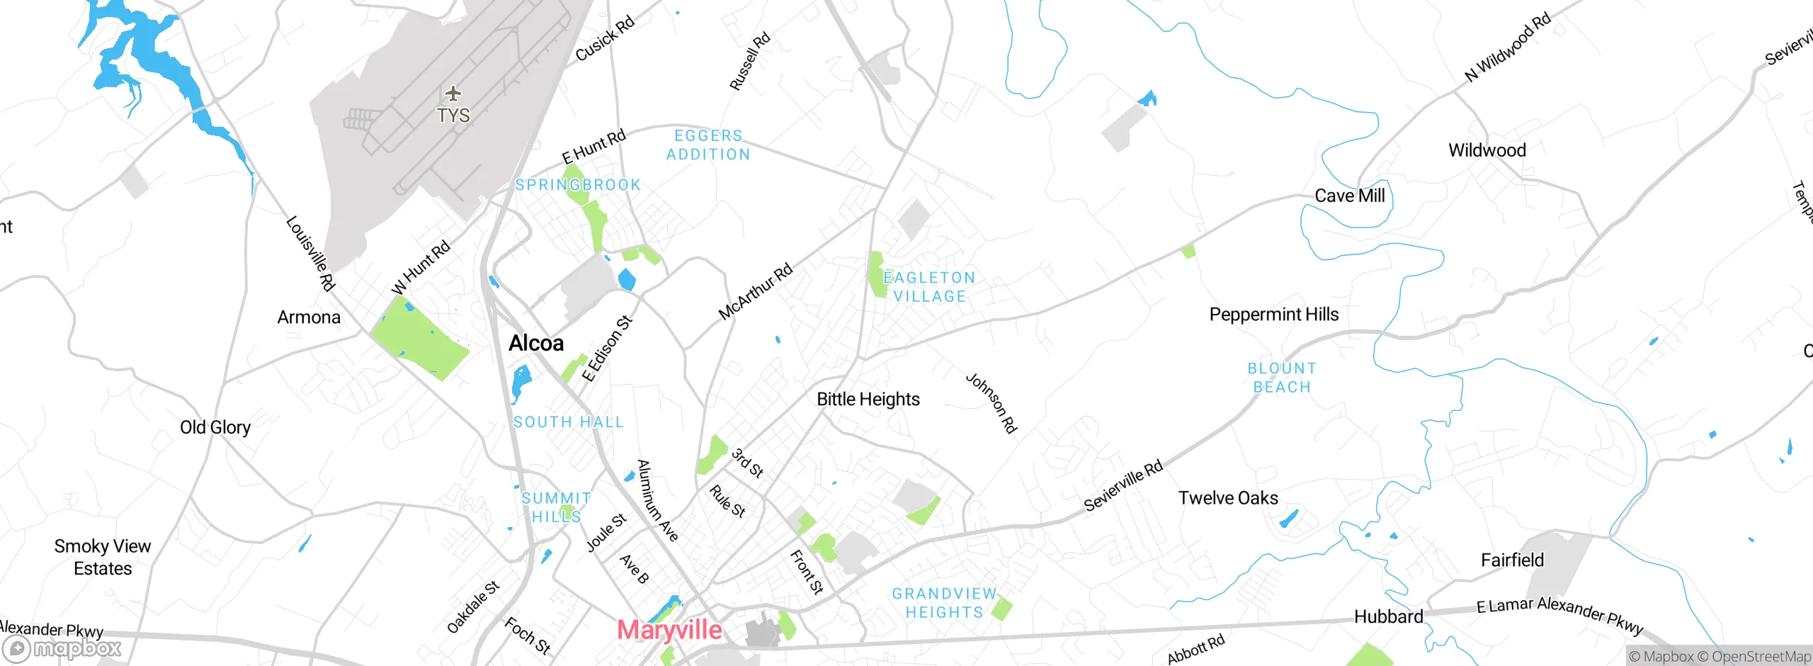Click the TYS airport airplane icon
(453, 94)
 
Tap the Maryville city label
(669, 630)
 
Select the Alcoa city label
(536, 344)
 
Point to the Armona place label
(309, 317)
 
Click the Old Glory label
(215, 427)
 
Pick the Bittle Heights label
(868, 400)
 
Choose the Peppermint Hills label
(1274, 315)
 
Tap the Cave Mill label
(1350, 196)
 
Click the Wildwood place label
(1487, 150)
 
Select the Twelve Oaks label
(1228, 498)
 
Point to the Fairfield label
(1513, 560)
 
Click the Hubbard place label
(1389, 617)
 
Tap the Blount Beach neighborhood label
(1282, 378)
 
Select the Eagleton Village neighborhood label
(930, 287)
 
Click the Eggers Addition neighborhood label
(708, 145)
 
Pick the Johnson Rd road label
(991, 402)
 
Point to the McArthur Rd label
(756, 292)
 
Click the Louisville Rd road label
(310, 253)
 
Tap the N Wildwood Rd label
(1508, 47)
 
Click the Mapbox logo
(62, 648)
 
